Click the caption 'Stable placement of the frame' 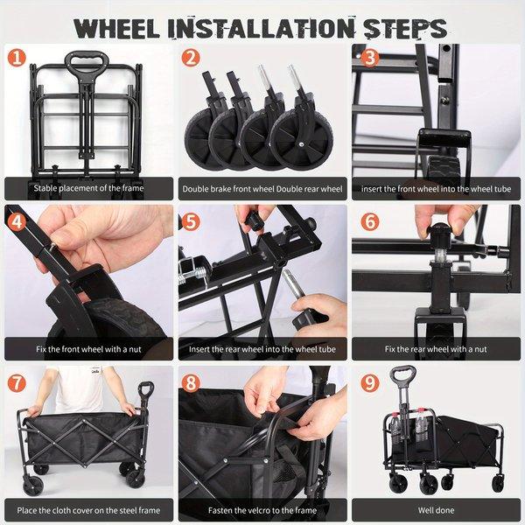tap(88, 188)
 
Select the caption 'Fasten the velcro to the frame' tap(262, 510)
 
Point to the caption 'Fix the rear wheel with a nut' tap(436, 349)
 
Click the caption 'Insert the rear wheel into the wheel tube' tap(262, 349)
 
